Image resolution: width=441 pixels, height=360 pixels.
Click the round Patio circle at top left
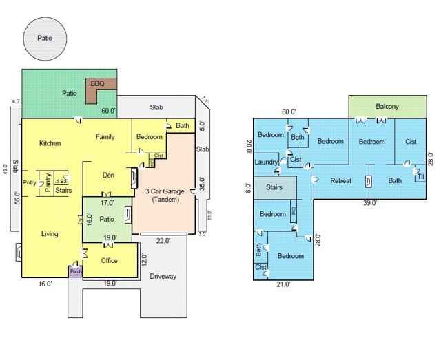click(44, 39)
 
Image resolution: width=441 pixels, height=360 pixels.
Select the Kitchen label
click(50, 143)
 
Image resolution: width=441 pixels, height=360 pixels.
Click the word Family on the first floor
click(105, 136)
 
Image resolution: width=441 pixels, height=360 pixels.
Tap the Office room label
click(110, 260)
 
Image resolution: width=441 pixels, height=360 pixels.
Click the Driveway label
click(163, 276)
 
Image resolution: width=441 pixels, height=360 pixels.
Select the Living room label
click(49, 234)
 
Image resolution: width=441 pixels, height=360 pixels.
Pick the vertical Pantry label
click(48, 183)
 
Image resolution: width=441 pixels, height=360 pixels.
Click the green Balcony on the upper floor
click(387, 107)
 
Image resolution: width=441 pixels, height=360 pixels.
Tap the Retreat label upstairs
click(341, 180)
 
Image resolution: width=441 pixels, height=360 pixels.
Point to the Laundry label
click(266, 162)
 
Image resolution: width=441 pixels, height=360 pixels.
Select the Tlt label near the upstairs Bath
click(420, 176)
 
